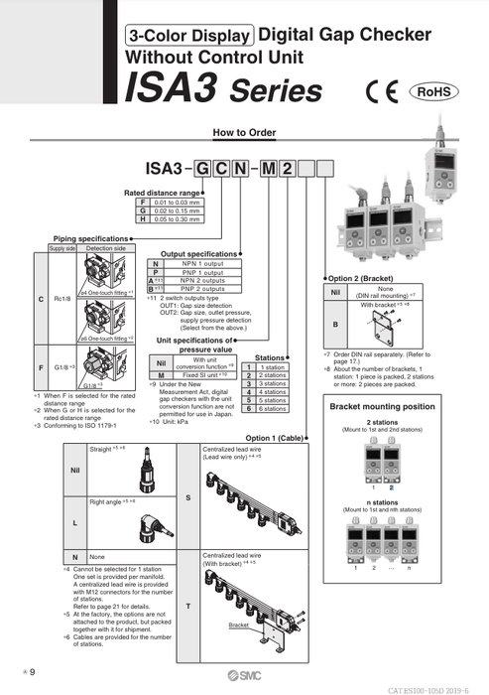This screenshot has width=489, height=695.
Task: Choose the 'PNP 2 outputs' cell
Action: coord(197,289)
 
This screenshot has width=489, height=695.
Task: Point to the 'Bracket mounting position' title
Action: coord(382,407)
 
